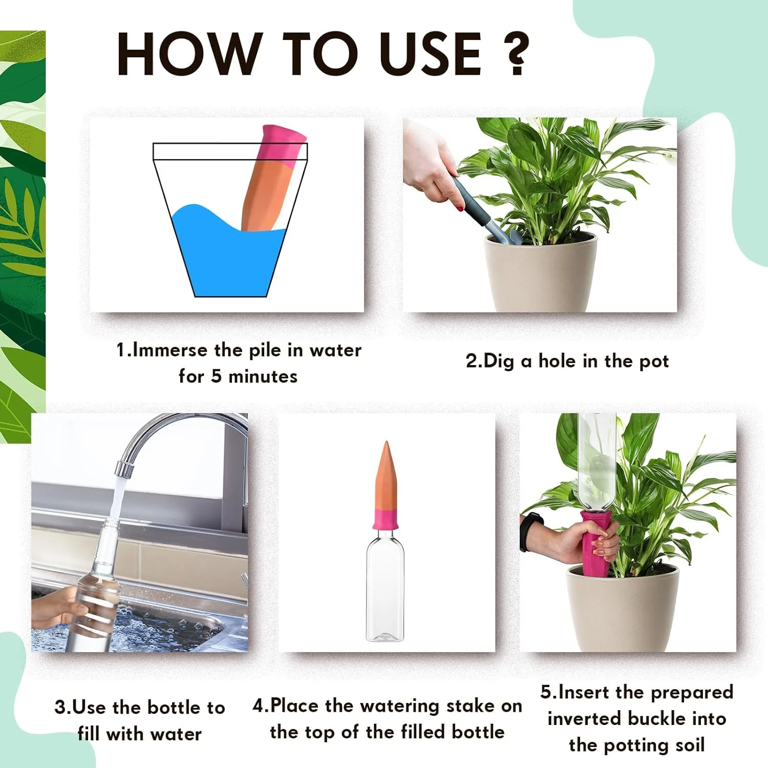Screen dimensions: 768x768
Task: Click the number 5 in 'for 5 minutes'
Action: click(x=216, y=376)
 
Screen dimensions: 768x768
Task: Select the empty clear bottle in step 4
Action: click(x=385, y=589)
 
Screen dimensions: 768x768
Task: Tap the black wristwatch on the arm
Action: click(x=527, y=532)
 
